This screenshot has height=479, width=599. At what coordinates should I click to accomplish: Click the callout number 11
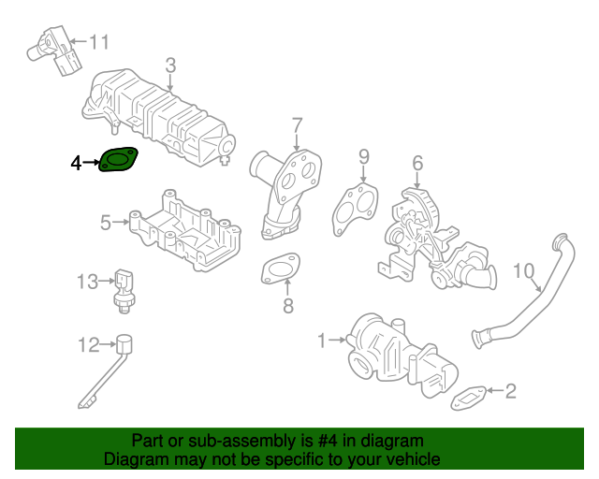(99, 41)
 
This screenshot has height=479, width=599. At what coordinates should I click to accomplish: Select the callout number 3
(170, 65)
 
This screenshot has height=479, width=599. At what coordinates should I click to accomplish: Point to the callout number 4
(77, 164)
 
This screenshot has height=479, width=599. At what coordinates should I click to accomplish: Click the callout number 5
(107, 222)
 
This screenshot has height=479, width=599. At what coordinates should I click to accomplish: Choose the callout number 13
(87, 281)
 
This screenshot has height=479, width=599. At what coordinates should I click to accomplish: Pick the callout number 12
(88, 346)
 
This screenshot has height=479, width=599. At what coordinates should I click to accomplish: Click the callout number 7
(297, 124)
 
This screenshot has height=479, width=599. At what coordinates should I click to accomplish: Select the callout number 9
(364, 156)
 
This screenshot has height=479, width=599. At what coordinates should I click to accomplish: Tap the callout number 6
(417, 162)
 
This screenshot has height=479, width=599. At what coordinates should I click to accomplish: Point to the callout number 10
(525, 272)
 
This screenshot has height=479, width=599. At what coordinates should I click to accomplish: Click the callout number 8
(288, 306)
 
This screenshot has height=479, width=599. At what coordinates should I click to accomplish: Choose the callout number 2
(510, 391)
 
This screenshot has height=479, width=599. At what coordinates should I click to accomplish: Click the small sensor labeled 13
(123, 286)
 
